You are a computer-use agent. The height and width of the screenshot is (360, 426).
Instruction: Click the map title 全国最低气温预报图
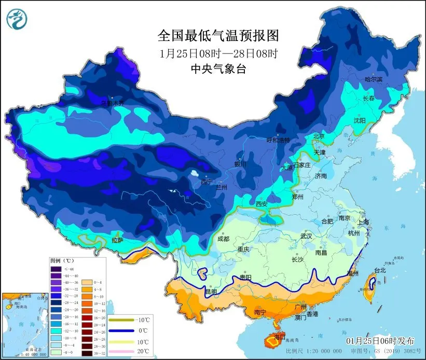[218, 35]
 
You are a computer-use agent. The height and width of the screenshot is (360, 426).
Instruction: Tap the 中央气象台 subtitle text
[218, 69]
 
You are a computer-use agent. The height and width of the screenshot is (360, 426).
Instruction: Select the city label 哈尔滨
[373, 79]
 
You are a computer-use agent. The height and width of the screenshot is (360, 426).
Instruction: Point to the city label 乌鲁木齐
[113, 103]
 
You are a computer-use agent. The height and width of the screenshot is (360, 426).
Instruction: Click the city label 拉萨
[118, 240]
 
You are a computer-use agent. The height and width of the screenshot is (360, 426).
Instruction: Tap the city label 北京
[319, 136]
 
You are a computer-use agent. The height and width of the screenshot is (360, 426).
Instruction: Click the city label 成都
[223, 239]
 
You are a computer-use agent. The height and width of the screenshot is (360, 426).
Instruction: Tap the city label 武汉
[306, 236]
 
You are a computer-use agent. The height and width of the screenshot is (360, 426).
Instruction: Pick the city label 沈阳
[359, 120]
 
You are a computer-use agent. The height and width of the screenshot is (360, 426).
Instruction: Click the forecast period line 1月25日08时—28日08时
[218, 53]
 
